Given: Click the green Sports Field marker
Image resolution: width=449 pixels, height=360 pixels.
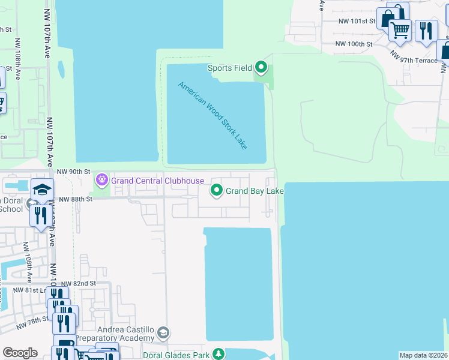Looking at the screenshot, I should coord(261,67).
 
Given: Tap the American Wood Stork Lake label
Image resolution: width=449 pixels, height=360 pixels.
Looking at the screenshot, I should coord(221,116).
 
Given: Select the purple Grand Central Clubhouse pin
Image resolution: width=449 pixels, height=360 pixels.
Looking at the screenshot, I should coord(102,179).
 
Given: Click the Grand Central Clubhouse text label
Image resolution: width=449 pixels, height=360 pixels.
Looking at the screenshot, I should coord(157,181).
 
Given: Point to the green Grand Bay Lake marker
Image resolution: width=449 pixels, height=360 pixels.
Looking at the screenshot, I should coord(216,191).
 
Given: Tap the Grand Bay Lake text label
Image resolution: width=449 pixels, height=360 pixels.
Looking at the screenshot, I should coord(254,191).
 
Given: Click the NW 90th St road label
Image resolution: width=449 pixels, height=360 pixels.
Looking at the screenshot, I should coord(73,172).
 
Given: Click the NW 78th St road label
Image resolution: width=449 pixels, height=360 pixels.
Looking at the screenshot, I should coord(32,322).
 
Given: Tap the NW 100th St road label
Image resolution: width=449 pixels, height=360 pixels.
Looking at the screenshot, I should coord(354,44).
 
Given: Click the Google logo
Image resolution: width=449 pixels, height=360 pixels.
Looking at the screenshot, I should coord(20,353).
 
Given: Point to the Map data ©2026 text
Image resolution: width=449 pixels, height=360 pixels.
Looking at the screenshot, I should coord(424,355).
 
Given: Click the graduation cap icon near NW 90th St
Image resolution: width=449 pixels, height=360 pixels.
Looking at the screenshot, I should coord(43,190).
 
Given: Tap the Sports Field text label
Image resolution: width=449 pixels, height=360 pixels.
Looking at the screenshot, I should coord(230,68).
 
